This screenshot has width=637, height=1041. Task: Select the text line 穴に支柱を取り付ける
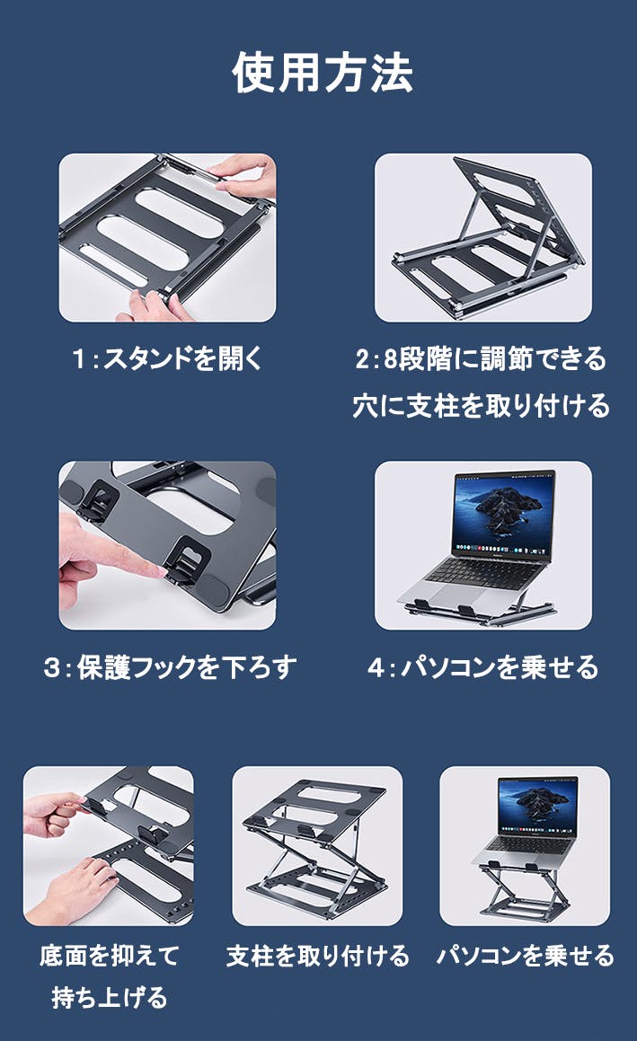tap(481, 406)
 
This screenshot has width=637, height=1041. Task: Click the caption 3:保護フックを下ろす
tap(169, 667)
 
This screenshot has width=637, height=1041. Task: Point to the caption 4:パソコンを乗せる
tap(482, 667)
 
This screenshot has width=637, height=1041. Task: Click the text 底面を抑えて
tap(109, 955)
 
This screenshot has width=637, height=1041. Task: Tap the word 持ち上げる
tap(109, 997)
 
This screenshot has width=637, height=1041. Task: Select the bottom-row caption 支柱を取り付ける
tap(317, 955)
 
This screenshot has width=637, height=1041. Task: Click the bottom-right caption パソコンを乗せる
tap(525, 955)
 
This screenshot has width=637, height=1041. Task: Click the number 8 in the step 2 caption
tap(391, 360)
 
